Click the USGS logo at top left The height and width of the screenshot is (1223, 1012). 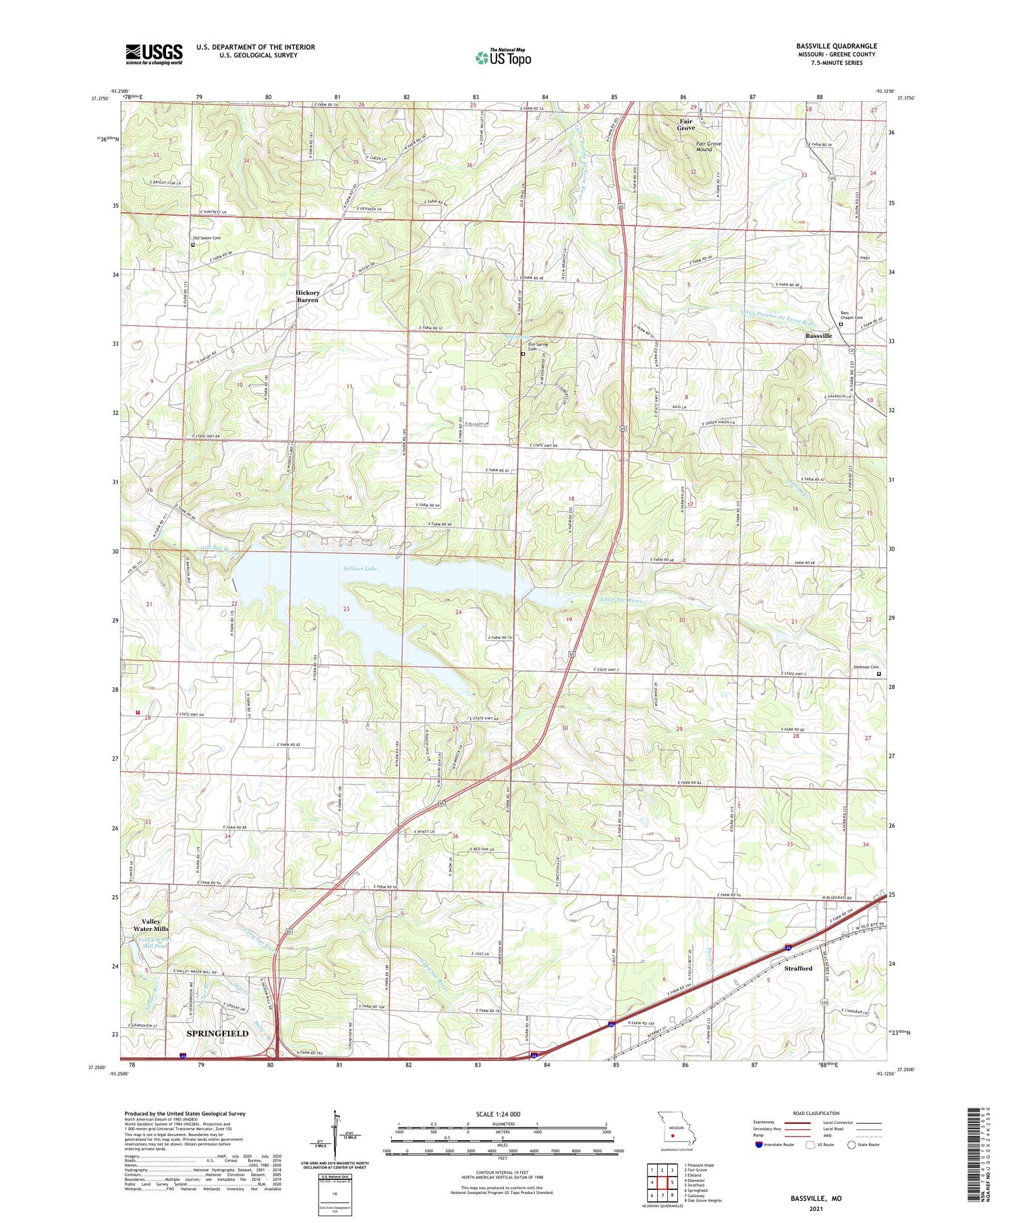[154, 54]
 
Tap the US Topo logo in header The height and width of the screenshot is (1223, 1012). [503, 57]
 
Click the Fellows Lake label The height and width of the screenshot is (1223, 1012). [360, 569]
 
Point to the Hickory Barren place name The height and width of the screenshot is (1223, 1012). [307, 296]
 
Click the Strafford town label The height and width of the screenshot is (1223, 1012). [798, 968]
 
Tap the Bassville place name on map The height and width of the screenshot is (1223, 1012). [818, 335]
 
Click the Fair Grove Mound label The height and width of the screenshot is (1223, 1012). [708, 146]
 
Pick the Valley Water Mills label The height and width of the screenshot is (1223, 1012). [151, 925]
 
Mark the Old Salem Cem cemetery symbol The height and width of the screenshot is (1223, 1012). [193, 245]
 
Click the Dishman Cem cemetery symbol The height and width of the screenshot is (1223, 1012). [878, 673]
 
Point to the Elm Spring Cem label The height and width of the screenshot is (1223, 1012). [538, 347]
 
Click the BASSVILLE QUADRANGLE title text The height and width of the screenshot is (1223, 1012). [836, 46]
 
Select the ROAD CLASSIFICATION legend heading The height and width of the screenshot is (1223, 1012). [816, 1113]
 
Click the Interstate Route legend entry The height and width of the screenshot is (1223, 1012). [775, 1144]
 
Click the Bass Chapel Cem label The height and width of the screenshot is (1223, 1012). [851, 315]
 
